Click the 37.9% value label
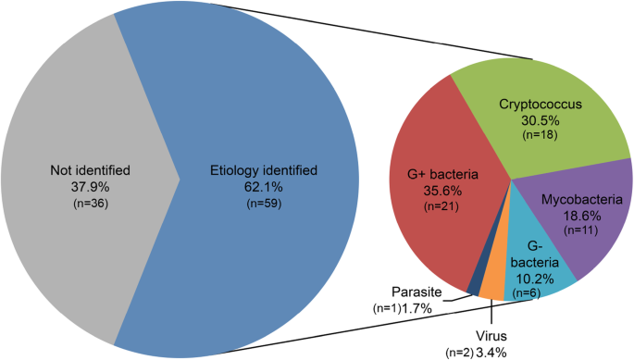(x=90, y=186)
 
